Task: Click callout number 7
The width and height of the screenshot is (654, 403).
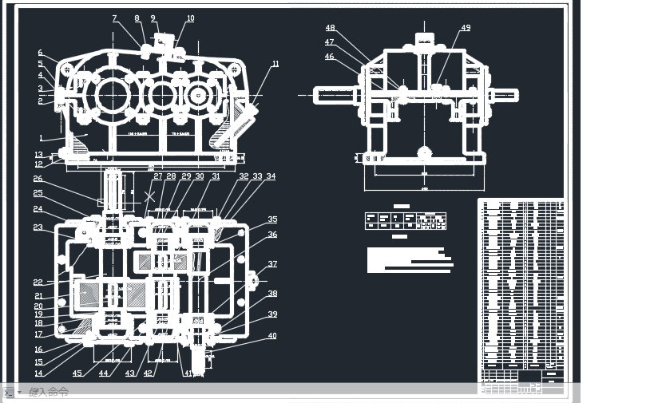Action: pos(114,18)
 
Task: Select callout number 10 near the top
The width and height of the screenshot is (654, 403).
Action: pos(190,18)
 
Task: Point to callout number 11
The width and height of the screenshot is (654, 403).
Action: pos(275,64)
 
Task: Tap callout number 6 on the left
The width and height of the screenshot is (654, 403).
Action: pos(40,53)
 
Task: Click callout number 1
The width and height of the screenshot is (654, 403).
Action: pos(41,137)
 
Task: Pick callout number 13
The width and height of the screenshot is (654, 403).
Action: pos(38,155)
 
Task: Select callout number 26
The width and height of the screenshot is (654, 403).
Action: pos(38,179)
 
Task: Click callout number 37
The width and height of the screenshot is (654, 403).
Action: pos(272,264)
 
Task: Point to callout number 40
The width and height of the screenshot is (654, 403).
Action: pos(272,336)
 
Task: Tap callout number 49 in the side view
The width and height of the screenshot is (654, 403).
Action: pos(466,28)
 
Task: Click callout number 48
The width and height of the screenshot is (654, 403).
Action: pos(330,29)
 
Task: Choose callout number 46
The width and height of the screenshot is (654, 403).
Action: pos(329,57)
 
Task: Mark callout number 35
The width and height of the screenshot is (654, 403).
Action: pos(272,219)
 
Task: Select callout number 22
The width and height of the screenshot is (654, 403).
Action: pos(38,282)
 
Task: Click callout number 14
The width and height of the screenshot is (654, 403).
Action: pos(38,373)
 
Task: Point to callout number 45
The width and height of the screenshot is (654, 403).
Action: pos(77,373)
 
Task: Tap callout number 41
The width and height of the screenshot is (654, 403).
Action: pos(189,373)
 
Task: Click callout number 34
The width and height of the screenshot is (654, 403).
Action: pos(271,176)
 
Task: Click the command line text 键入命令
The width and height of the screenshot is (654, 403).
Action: pos(49,392)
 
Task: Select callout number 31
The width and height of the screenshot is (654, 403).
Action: pos(216,176)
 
